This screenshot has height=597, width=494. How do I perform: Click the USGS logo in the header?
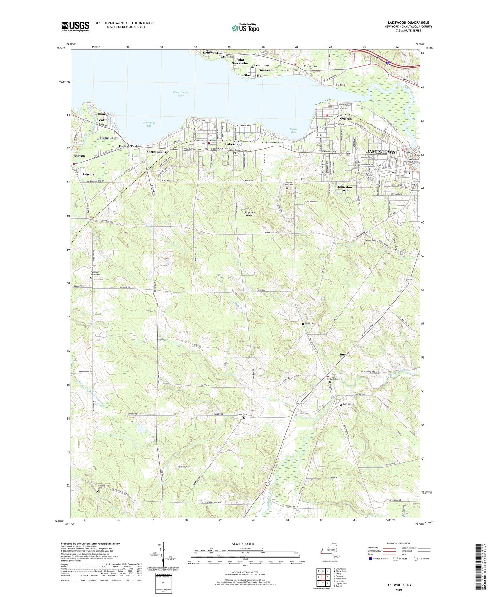(75, 26)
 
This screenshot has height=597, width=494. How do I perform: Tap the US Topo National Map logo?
(245, 28)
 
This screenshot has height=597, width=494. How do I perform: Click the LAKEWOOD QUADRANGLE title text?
(408, 23)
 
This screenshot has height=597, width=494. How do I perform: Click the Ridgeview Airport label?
(249, 214)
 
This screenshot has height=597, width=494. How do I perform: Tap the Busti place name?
(344, 355)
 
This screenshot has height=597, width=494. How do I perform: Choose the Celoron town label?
(346, 119)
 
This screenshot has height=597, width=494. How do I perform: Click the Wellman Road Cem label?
(96, 273)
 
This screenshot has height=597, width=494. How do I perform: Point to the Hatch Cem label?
(310, 323)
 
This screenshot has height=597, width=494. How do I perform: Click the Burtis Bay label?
(293, 130)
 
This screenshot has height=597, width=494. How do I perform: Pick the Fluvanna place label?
(310, 66)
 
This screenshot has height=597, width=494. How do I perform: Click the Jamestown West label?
(346, 188)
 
